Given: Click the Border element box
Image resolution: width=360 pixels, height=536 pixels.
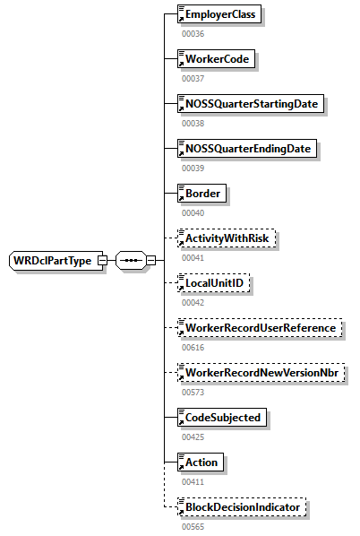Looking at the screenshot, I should pos(201,194).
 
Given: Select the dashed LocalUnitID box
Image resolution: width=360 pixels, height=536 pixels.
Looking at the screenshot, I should pos(215,283).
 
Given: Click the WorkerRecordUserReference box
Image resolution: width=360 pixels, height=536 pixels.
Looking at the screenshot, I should pos(259,328).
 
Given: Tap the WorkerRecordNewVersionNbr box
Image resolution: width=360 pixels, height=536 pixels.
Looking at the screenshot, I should pos(261,373).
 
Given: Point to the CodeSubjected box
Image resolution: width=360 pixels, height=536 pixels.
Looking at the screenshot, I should pos(221,418).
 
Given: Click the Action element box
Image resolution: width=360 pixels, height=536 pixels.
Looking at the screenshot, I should pos(201,463).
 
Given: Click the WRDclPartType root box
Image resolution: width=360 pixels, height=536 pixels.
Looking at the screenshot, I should pos(53,261).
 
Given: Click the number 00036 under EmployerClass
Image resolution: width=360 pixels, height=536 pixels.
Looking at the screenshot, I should pos(193,33).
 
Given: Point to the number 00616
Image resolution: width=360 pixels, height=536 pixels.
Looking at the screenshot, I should pos(193,346).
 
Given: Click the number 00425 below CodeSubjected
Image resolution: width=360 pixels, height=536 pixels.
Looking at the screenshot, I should pos(193,436).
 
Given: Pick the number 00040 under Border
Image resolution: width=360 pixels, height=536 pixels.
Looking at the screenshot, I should pos(193,212).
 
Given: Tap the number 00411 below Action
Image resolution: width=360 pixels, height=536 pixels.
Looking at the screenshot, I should pos(193,480).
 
